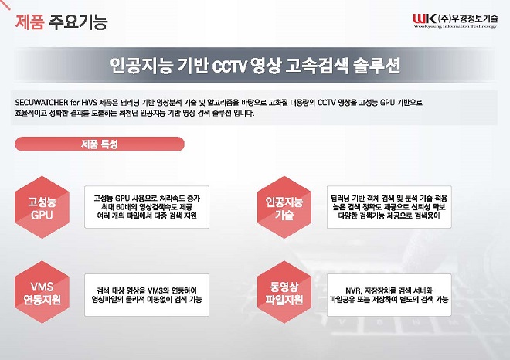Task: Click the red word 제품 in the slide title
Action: coord(29,22)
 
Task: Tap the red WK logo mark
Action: coord(424,19)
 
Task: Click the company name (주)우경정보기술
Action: coord(468,19)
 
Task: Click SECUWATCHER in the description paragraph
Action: coord(42,103)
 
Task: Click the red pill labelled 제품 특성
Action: coord(100,144)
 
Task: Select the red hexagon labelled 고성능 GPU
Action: coord(42,207)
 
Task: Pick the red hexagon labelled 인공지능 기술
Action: coord(284,207)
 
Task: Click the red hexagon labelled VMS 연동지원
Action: coord(42,292)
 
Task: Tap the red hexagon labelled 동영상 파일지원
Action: coord(284,292)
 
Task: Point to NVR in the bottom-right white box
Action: coord(353,290)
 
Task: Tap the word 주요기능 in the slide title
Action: coord(78,22)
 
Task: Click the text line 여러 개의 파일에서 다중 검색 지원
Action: coord(147,216)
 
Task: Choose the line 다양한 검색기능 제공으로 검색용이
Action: coord(389,216)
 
